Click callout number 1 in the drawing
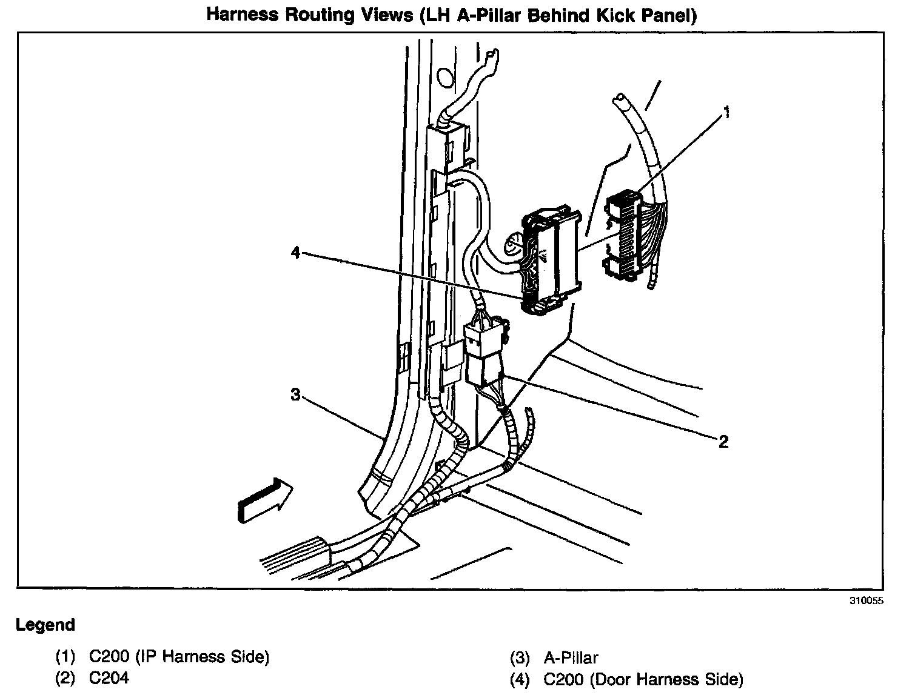point(726,113)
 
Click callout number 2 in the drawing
point(723,442)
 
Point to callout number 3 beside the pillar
point(295,395)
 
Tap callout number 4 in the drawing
point(295,253)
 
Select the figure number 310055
point(867,602)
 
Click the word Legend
point(45,625)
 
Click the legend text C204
point(109,678)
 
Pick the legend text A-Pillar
point(571,658)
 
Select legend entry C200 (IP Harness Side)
point(179,657)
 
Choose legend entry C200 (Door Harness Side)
point(643,680)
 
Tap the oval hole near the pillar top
point(445,76)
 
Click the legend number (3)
point(520,658)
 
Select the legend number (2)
point(65,678)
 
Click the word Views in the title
point(381,14)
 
